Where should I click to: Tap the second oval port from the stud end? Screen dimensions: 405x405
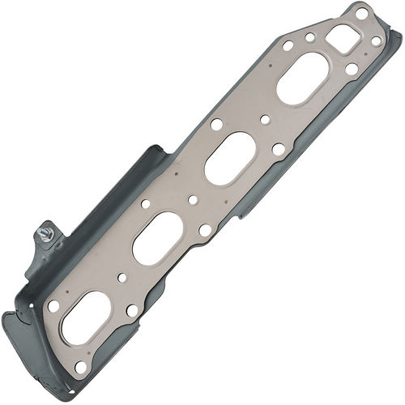point(156,238)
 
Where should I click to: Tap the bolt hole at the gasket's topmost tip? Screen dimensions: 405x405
point(362,14)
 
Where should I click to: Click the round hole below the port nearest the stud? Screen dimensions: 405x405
point(81,366)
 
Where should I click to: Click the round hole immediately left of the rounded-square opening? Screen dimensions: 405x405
point(310,36)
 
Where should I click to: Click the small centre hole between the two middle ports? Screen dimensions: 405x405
point(194,199)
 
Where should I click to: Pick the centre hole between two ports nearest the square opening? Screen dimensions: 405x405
point(266,121)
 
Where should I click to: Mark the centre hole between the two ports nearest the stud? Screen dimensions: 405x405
point(122,278)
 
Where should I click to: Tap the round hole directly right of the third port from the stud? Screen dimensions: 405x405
point(278,148)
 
